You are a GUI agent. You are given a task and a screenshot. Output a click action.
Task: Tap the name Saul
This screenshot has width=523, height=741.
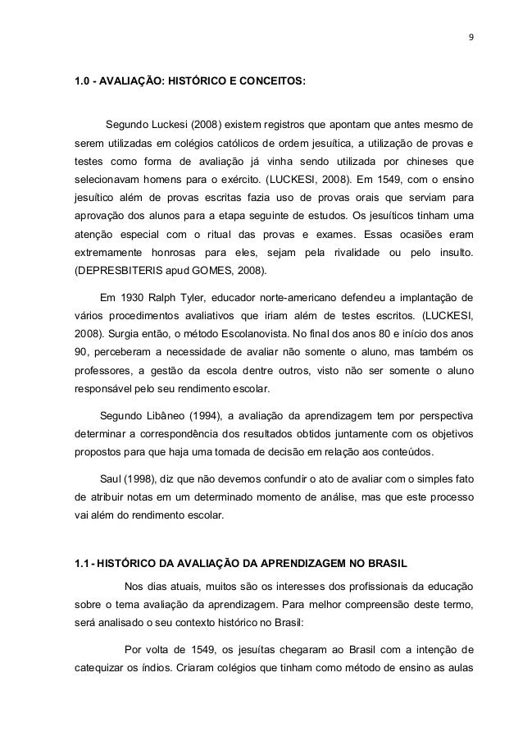pyautogui.click(x=111, y=476)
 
